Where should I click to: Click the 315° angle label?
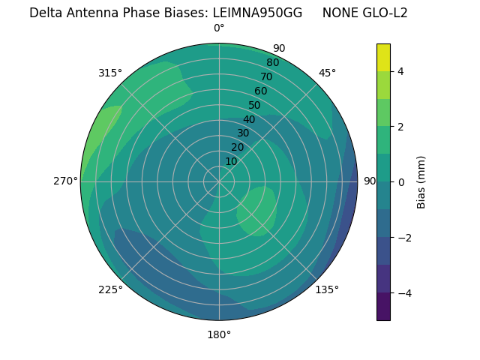tap(110, 73)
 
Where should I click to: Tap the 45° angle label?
tap(327, 73)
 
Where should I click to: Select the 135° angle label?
tap(327, 289)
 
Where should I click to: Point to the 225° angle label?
tap(110, 289)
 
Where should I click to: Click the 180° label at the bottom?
tap(219, 334)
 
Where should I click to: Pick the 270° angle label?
tap(65, 181)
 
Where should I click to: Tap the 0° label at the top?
tap(219, 28)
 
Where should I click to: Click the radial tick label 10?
tap(231, 161)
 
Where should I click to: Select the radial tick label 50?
tap(255, 105)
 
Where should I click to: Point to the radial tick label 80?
tap(272, 62)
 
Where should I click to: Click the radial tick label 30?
tap(243, 133)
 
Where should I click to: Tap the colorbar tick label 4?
tap(401, 71)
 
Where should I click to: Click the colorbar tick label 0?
tap(401, 182)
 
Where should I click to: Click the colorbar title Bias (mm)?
tap(421, 182)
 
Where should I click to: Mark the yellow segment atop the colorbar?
tap(383, 57)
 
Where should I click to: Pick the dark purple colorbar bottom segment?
tap(383, 307)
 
